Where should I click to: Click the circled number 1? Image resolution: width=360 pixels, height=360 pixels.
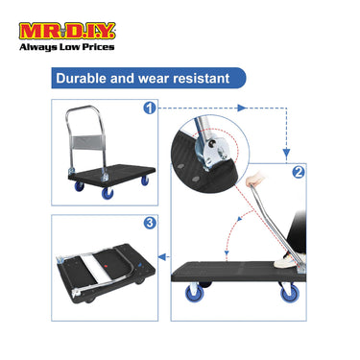coord(149,108)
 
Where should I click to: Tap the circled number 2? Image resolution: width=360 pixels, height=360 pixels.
coord(299,174)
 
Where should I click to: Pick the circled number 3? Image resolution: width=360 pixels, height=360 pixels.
coord(149,224)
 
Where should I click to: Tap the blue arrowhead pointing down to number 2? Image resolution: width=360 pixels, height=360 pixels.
coord(285,152)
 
